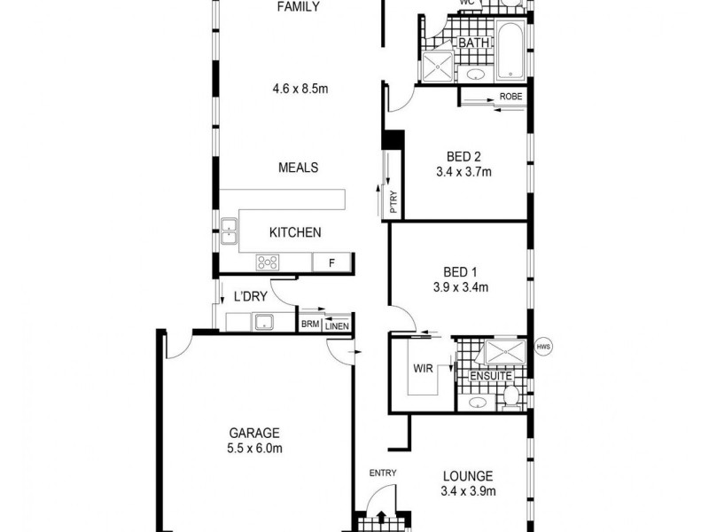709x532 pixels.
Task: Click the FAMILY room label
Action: point(298,7)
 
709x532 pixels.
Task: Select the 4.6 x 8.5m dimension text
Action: point(298,89)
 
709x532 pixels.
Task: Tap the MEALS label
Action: point(298,168)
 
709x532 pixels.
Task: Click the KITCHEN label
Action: point(295,232)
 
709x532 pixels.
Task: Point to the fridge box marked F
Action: point(331,262)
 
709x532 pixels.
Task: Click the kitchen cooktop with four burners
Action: point(267,262)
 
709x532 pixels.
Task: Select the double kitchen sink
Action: point(229,231)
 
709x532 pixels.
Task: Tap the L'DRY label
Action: point(251,296)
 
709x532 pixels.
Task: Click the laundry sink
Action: point(262,322)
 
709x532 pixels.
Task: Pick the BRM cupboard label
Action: point(309,325)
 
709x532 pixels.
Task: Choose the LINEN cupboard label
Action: point(337,325)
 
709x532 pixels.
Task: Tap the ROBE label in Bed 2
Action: point(510,96)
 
